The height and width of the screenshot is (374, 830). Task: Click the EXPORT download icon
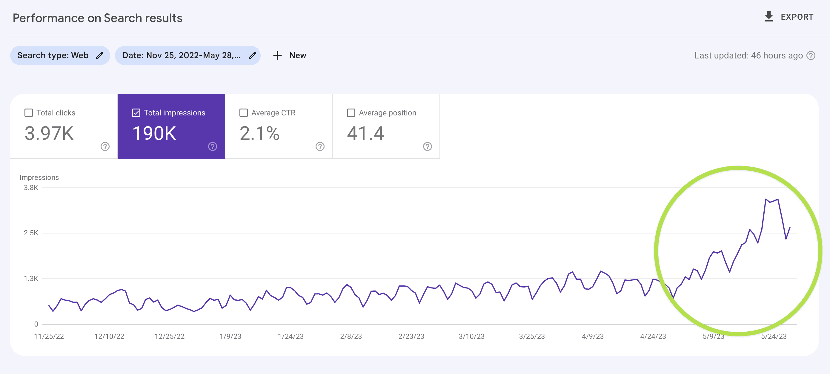(x=769, y=17)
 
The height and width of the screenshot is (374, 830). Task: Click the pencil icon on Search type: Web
(x=99, y=55)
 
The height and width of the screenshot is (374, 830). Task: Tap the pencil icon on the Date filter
(x=252, y=55)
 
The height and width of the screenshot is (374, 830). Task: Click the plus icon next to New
(x=277, y=55)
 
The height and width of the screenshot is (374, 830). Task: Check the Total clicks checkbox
(x=29, y=113)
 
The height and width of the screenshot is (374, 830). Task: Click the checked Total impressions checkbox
(x=136, y=113)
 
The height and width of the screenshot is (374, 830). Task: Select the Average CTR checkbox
(x=244, y=113)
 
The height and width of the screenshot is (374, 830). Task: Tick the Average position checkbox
(x=351, y=113)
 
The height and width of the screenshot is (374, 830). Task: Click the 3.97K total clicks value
(x=49, y=133)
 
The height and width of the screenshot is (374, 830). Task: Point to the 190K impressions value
(x=154, y=133)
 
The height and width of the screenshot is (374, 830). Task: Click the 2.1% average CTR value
(x=259, y=133)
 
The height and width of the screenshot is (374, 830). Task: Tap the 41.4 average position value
(x=365, y=133)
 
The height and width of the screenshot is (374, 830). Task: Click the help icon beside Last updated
(x=811, y=56)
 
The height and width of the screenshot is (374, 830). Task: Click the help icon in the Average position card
(x=427, y=146)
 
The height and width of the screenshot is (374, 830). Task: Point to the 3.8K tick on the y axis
(x=31, y=188)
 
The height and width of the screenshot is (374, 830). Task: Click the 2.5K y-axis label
(x=31, y=233)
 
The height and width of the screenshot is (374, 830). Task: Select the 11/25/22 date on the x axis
(x=49, y=336)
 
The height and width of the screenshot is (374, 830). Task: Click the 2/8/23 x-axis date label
(x=351, y=336)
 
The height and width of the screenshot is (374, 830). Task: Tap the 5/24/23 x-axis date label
(x=774, y=336)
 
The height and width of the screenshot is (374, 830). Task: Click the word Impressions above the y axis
(x=39, y=177)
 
